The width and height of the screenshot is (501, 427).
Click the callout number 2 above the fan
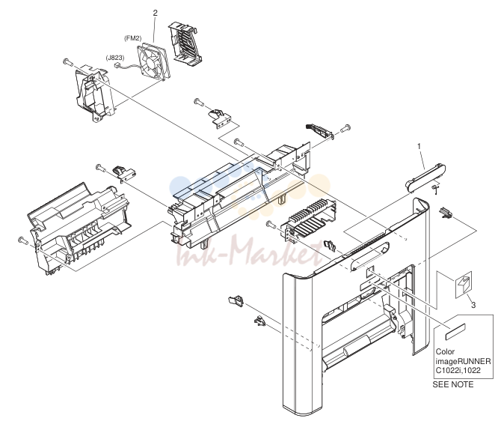(156, 13)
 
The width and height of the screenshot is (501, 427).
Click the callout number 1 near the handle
(419, 146)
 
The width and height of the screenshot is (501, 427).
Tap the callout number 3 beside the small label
(473, 305)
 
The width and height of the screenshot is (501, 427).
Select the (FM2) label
(132, 38)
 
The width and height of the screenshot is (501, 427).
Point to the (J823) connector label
(115, 58)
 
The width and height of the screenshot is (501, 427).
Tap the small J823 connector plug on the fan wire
(117, 65)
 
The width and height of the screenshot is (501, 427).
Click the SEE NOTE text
(452, 384)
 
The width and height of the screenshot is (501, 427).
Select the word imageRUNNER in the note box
(463, 361)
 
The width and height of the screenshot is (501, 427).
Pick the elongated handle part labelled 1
(425, 178)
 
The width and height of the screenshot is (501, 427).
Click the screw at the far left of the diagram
(22, 240)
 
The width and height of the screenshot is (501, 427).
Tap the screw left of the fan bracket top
(67, 61)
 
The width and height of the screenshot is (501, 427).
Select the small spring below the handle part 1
(434, 189)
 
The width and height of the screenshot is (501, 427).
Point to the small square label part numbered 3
(464, 285)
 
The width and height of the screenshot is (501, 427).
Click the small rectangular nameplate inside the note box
(455, 332)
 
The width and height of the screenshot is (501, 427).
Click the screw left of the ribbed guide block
(271, 225)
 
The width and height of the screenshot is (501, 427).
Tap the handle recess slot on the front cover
(369, 255)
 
